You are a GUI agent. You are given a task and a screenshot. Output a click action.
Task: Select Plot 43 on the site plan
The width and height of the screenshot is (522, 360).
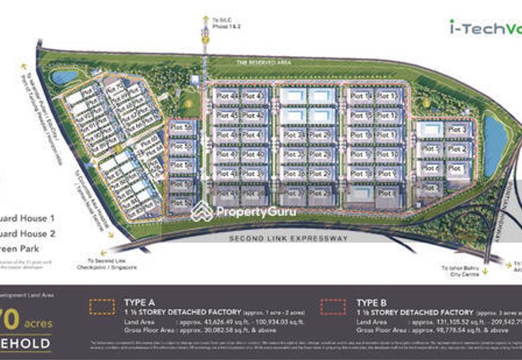point(252,97)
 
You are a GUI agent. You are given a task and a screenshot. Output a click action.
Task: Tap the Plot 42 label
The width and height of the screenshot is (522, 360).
point(252,115)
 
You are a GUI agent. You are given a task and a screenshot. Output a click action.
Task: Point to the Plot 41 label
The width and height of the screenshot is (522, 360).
point(252,135)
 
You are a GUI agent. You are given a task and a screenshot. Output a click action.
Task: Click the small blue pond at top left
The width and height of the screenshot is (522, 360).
point(64,77)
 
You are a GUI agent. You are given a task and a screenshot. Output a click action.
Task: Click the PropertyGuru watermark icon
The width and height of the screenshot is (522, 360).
point(202,211)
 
